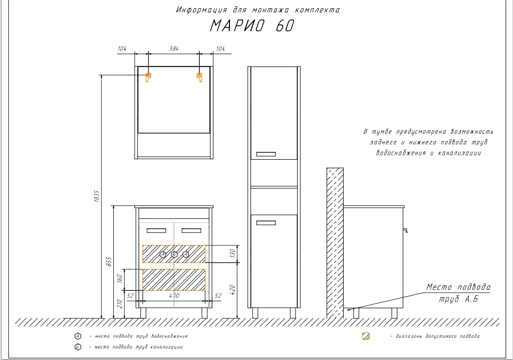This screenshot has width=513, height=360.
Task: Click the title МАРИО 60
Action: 252,26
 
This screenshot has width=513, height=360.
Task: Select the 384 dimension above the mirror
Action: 174,49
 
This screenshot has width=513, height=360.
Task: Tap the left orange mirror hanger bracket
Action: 148,77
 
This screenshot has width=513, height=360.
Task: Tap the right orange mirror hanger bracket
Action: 199,77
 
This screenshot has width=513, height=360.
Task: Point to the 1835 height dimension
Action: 97,196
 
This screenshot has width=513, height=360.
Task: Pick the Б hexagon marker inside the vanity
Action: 174,254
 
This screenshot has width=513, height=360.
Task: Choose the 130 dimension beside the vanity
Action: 232,253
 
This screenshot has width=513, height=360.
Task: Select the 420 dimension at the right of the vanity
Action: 232,289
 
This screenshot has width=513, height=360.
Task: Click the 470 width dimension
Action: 174,295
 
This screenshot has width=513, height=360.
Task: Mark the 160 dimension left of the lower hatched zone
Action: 119,279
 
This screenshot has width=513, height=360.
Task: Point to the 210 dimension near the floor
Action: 119,304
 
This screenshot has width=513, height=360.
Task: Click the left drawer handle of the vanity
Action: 157,230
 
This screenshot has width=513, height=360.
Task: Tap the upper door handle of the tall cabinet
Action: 266,154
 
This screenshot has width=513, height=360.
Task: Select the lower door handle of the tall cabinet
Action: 266,223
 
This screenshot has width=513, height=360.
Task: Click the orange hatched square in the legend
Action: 366,336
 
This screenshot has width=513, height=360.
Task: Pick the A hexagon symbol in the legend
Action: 77,336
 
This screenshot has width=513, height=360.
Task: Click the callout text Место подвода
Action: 458,287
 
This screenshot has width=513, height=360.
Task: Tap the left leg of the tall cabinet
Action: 255,313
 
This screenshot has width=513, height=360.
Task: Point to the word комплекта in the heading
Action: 317,10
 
